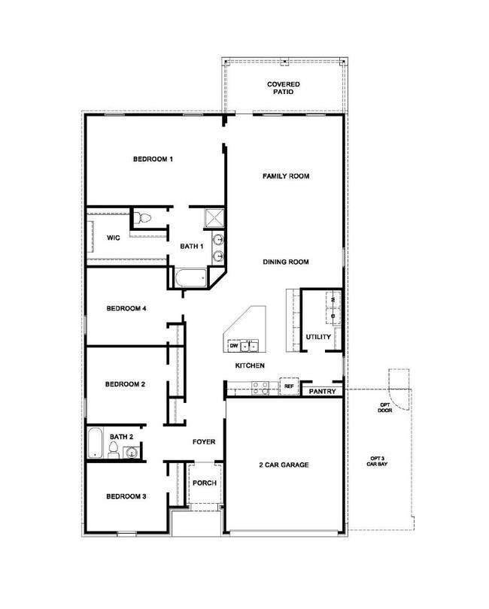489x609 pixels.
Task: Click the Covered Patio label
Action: tap(284, 88)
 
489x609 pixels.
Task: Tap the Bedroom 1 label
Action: tap(153, 159)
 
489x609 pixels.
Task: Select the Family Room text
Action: tap(286, 176)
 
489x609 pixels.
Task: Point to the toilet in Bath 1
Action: tap(141, 218)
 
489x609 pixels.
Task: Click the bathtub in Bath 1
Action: tap(190, 277)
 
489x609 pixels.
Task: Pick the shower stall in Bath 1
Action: tap(214, 218)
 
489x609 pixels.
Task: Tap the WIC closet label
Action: tap(114, 238)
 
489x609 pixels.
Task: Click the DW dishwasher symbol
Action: tap(234, 345)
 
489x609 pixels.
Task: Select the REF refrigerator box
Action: tap(289, 386)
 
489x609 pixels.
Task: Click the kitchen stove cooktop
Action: tap(260, 388)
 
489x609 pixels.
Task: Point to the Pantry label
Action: tap(322, 392)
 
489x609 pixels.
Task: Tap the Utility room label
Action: tap(318, 337)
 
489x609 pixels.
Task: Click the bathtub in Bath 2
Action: tap(95, 443)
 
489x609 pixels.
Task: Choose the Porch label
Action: tap(205, 483)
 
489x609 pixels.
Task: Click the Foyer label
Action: tap(204, 442)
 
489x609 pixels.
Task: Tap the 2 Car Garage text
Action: tap(284, 465)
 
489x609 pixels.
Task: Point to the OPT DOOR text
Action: tap(385, 408)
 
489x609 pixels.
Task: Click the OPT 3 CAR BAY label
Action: tap(377, 461)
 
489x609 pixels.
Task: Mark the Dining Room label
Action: tap(286, 262)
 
